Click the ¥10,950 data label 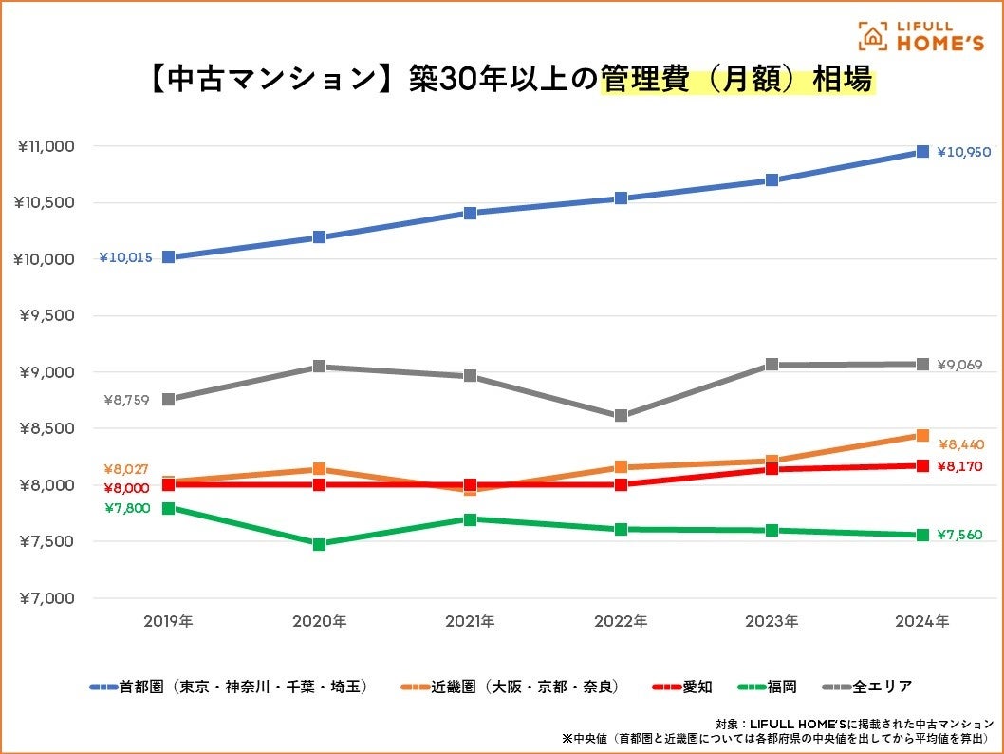click(x=963, y=152)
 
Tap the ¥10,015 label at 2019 click(x=125, y=257)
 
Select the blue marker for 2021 click(x=470, y=213)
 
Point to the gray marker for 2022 click(x=621, y=416)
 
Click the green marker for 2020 click(x=319, y=544)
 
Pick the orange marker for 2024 click(x=922, y=435)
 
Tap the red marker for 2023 click(x=772, y=469)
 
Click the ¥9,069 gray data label click(x=959, y=365)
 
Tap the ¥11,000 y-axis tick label click(x=46, y=146)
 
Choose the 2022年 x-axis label click(x=621, y=622)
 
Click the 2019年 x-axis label click(x=168, y=622)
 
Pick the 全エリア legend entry click(x=868, y=686)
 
